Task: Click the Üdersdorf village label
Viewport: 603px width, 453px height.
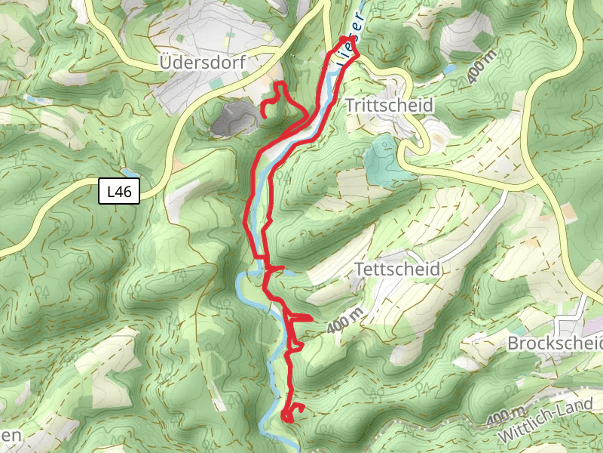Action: pyautogui.click(x=203, y=63)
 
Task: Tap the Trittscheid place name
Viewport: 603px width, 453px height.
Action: pyautogui.click(x=389, y=105)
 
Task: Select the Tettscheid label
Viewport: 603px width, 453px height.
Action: pyautogui.click(x=396, y=269)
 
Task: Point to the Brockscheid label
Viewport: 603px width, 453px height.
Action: pyautogui.click(x=556, y=344)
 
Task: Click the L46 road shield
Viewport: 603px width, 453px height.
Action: pyautogui.click(x=119, y=191)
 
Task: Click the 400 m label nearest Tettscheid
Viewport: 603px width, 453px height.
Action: pyautogui.click(x=345, y=321)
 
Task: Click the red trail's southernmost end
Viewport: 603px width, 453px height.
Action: pyautogui.click(x=287, y=418)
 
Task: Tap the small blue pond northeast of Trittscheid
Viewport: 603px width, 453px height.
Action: pyautogui.click(x=449, y=69)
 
